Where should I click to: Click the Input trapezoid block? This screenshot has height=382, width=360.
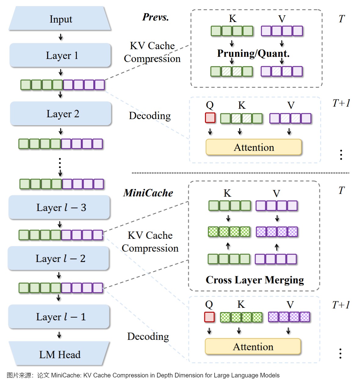coord(60,19)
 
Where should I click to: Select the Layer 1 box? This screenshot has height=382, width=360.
coord(60,55)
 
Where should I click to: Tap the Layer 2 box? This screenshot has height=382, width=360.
coord(61,114)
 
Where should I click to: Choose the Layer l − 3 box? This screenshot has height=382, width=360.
coord(59,207)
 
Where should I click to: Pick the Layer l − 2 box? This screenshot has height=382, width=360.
coord(59,258)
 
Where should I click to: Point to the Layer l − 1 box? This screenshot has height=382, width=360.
coord(59,317)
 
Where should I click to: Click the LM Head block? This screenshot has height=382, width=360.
coord(59,354)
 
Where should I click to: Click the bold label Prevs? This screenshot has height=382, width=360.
coord(155,17)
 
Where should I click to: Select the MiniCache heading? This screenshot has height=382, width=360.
coord(148,193)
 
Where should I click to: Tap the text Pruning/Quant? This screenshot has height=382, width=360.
coord(253,53)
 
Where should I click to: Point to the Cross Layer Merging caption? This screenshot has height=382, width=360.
coord(255,280)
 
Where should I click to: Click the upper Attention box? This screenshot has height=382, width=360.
coord(254,147)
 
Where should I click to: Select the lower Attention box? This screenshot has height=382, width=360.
coord(253,347)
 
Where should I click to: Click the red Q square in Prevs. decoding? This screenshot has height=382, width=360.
coord(210,118)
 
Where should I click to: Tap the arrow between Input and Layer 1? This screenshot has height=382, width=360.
coord(61,37)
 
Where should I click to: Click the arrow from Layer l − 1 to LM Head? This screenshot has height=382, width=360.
coord(59,335)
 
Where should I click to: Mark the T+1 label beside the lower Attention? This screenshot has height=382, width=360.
coord(341,305)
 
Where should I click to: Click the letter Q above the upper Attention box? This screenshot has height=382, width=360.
coord(210,105)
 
